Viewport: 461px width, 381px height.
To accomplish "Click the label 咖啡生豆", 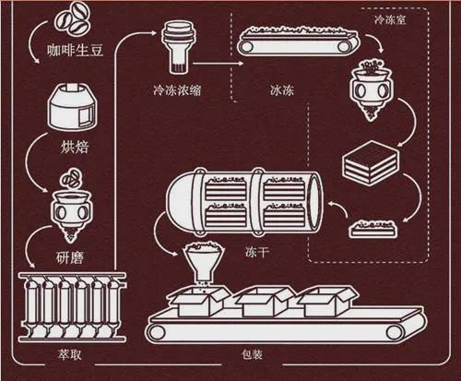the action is (75, 50).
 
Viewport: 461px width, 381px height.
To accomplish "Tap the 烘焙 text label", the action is (74, 147).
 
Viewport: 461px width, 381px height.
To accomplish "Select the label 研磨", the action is (70, 257).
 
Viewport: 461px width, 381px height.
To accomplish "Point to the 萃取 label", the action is (69, 354).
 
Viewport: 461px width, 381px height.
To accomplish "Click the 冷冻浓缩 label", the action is (177, 90).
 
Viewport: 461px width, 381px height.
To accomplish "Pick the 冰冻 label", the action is (282, 90).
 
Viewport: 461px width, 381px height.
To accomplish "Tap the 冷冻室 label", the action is (390, 20).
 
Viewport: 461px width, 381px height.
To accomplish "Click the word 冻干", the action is (257, 252).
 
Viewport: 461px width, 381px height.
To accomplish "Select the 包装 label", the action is (252, 354).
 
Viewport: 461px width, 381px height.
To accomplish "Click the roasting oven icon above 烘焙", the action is (72, 106).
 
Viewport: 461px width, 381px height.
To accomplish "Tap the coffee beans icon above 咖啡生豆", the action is (73, 19).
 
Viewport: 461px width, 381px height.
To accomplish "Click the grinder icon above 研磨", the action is (72, 206).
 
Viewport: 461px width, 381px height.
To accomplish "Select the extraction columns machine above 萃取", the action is (72, 307).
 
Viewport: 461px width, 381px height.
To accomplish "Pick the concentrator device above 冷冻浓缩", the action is (179, 47).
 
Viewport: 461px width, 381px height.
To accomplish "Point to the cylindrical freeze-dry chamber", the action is (244, 201).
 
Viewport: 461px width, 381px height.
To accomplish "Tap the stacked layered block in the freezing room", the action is (371, 163).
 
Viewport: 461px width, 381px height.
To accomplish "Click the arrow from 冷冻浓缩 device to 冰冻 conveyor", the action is (219, 64).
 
